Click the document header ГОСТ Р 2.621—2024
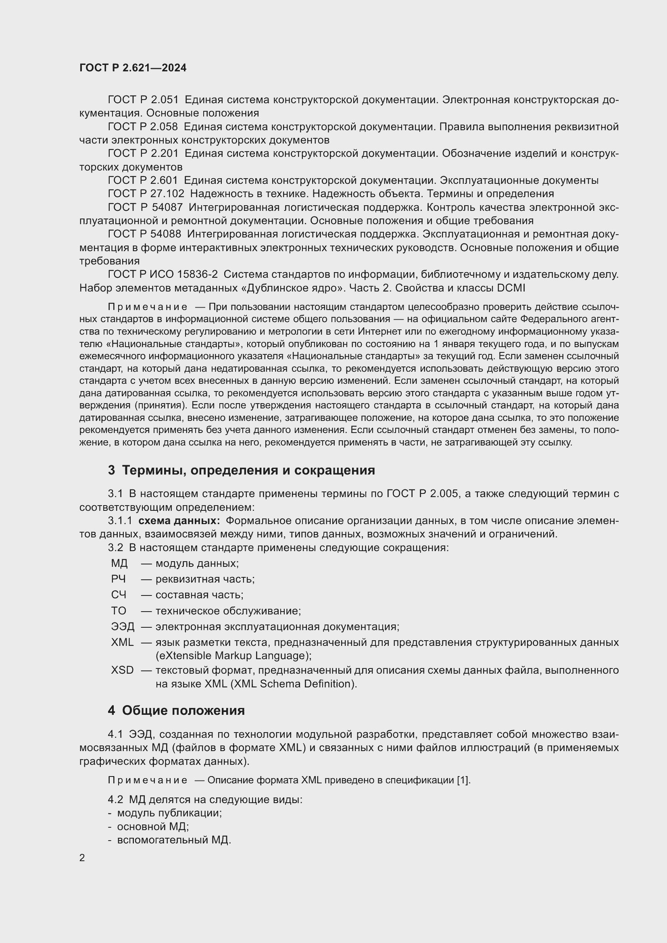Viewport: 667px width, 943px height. pos(133,68)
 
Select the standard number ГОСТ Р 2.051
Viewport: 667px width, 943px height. pos(143,100)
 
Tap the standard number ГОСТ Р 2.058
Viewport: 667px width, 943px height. pos(142,127)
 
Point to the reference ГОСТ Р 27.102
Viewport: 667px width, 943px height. pos(146,194)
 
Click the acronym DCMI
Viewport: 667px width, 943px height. pos(511,288)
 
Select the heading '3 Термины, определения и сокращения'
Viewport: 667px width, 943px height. pos(242,470)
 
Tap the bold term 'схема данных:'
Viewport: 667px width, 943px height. pos(179,521)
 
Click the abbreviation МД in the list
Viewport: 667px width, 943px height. pos(119,563)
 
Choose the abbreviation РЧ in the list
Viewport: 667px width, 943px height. pos(118,579)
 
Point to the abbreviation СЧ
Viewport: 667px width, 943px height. pos(118,595)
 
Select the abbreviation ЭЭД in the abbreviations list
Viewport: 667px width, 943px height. pos(123,627)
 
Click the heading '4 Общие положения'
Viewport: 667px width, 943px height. pos(176,710)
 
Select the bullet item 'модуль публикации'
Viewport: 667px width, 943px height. pos(169,813)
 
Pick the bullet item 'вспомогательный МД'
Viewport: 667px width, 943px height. pos(173,840)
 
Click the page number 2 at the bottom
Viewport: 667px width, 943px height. pos(82,858)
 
